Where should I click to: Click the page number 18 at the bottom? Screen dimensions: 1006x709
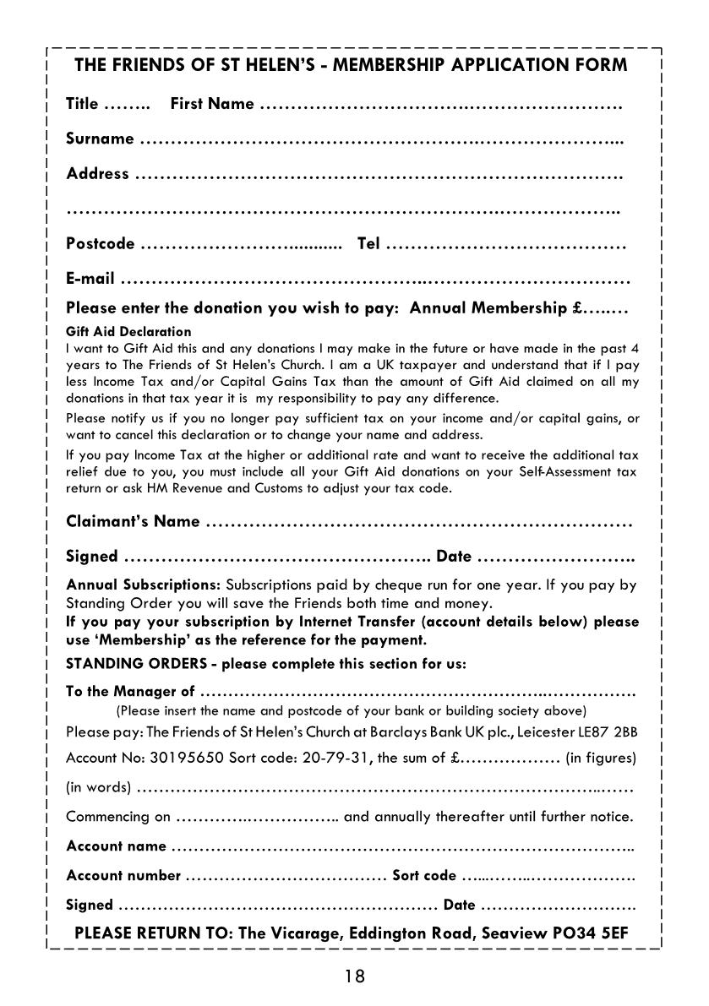pyautogui.click(x=354, y=976)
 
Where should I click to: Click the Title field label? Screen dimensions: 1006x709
pyautogui.click(x=82, y=104)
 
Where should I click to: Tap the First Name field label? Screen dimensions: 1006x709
pyautogui.click(x=212, y=104)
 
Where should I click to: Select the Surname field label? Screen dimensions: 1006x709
pyautogui.click(x=100, y=139)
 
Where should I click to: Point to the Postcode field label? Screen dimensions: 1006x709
pyautogui.click(x=100, y=244)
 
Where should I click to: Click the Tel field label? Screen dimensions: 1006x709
pyautogui.click(x=369, y=244)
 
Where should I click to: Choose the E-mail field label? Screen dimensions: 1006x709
pyautogui.click(x=90, y=279)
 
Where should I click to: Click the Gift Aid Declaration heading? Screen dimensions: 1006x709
pyautogui.click(x=128, y=332)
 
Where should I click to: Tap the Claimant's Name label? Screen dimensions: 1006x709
pyautogui.click(x=133, y=521)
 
